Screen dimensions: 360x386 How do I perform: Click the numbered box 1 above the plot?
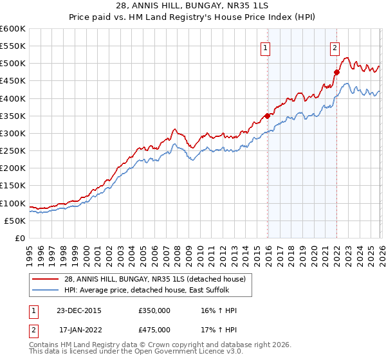(265, 46)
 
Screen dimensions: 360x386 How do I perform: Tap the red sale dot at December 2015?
(267, 116)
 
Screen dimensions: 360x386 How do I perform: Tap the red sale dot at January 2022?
(336, 72)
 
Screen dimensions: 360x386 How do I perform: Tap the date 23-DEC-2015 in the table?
(80, 310)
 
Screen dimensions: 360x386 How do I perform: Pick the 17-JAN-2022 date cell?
(80, 330)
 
